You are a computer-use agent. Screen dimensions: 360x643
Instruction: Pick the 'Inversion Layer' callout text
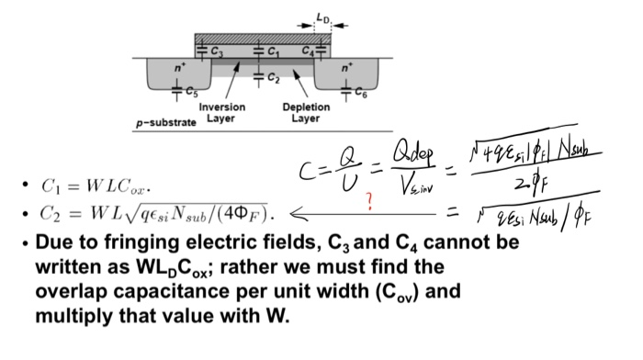click(x=222, y=112)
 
